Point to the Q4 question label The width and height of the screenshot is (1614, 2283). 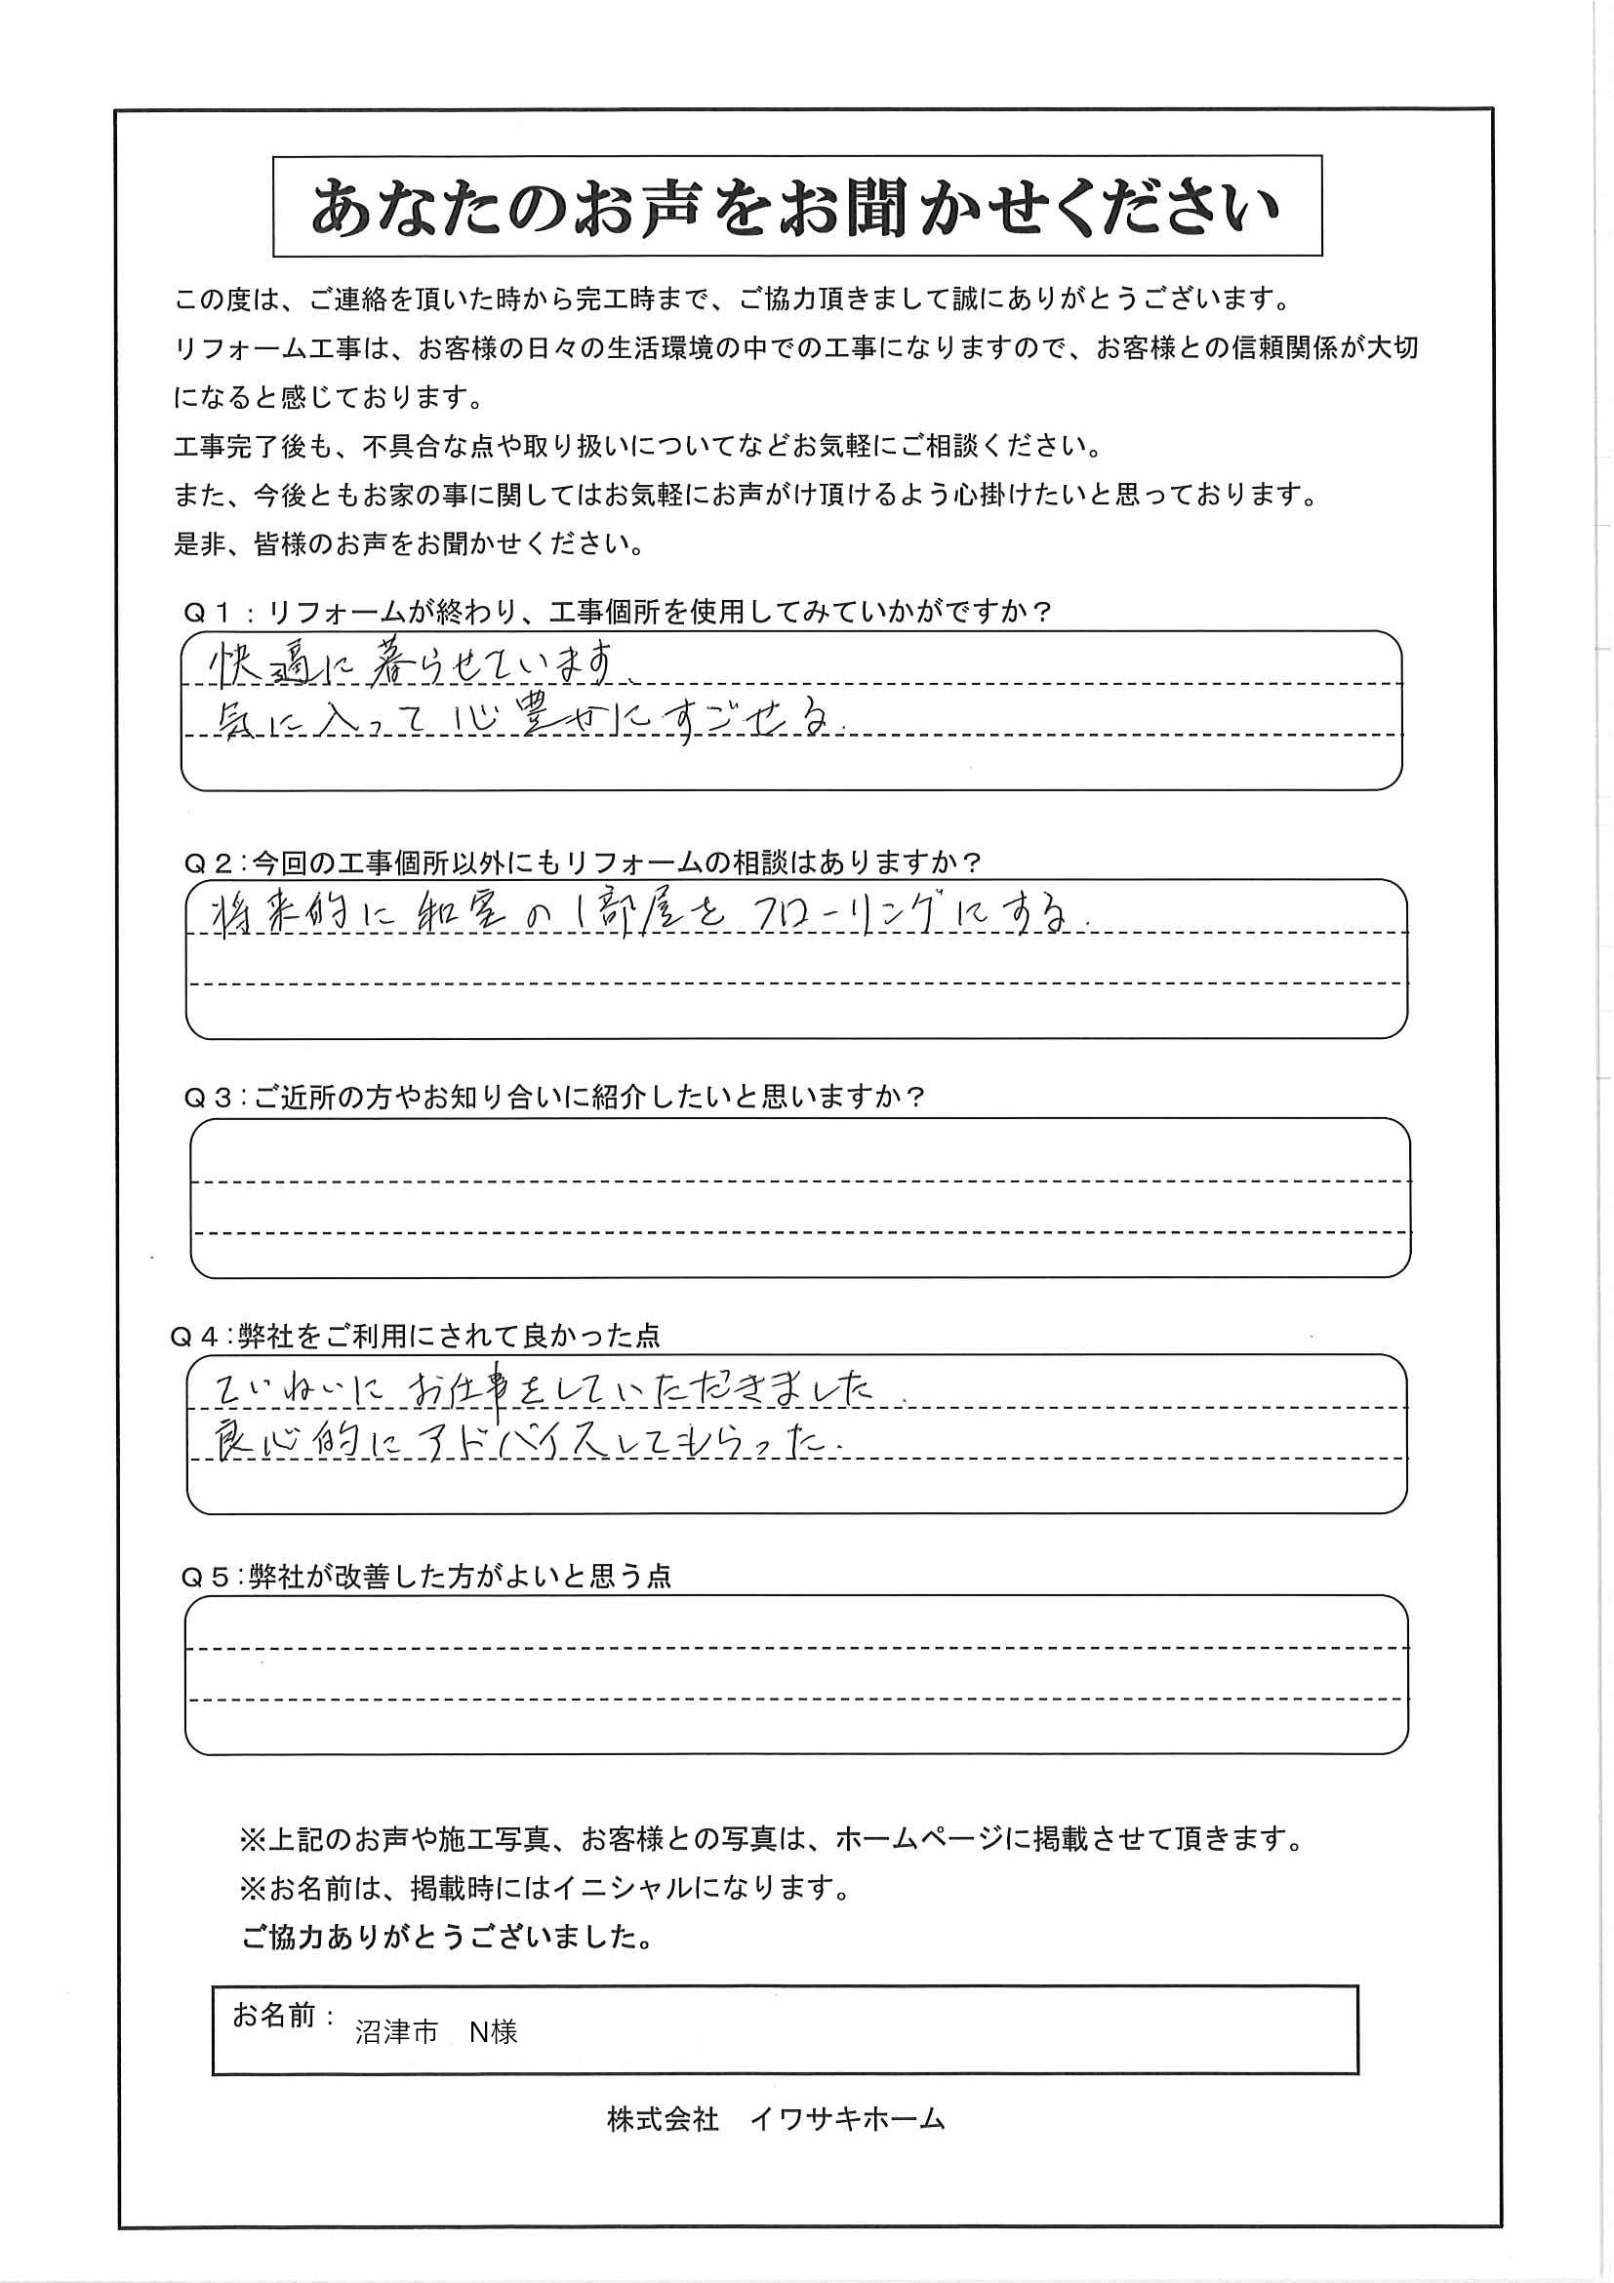[194, 1338]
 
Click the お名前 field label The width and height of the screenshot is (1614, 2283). [273, 2016]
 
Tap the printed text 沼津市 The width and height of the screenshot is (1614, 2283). [396, 2032]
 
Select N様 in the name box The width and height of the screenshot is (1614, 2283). [493, 2032]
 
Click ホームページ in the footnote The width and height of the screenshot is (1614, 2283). [914, 1838]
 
